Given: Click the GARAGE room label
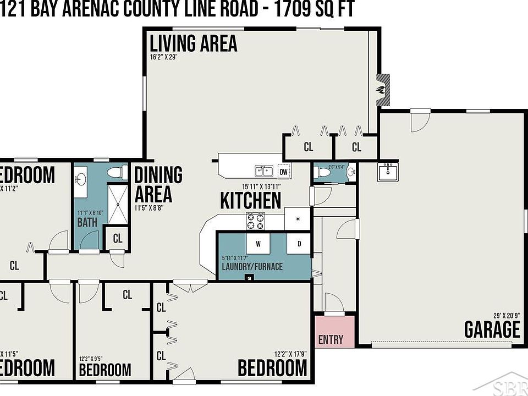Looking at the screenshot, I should [492, 329].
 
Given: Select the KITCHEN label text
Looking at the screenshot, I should [251, 200].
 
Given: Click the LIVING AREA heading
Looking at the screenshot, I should [194, 43].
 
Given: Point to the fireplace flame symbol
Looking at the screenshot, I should [380, 89].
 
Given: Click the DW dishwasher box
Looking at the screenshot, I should [284, 172].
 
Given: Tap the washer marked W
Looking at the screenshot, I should [258, 243].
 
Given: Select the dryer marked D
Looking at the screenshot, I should [300, 243].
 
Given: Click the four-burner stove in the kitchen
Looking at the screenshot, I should [256, 221].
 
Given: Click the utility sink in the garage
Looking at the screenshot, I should [388, 172].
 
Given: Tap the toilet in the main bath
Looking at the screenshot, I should [114, 173].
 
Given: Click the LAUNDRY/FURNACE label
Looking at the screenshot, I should [252, 267].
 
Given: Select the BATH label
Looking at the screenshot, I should [87, 223].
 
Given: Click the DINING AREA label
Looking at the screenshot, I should [158, 184].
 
